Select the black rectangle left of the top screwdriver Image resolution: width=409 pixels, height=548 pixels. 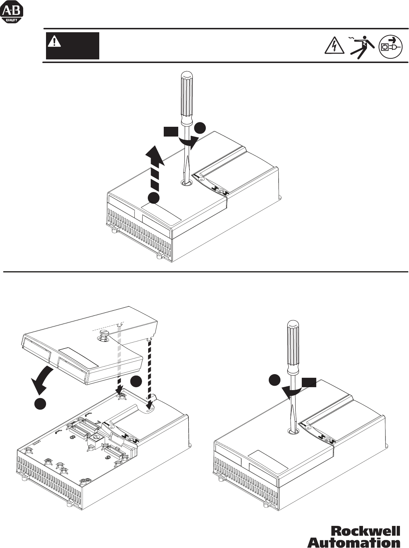point(170,131)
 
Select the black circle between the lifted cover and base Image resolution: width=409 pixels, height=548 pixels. point(137,382)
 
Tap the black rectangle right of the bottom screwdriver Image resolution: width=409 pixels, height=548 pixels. point(309,382)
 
